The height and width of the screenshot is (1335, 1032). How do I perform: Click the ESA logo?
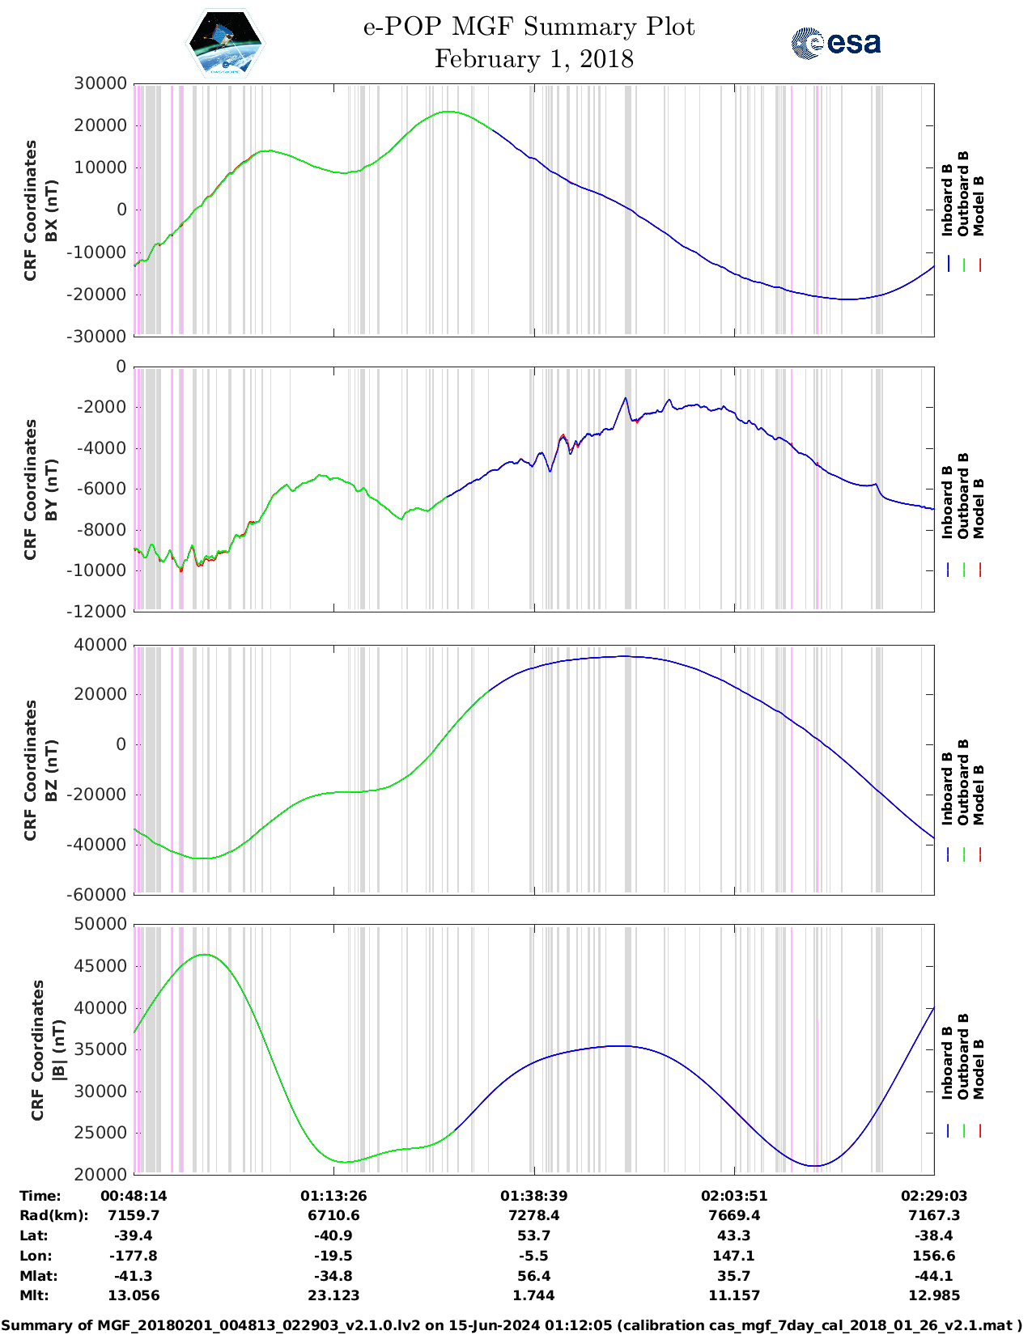pyautogui.click(x=836, y=43)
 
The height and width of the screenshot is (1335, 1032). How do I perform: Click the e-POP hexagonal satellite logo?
pyautogui.click(x=226, y=43)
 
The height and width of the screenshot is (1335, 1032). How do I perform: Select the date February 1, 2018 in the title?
pyautogui.click(x=533, y=59)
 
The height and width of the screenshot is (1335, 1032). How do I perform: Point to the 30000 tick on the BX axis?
pyautogui.click(x=100, y=83)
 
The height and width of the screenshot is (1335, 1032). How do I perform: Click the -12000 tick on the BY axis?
pyautogui.click(x=100, y=612)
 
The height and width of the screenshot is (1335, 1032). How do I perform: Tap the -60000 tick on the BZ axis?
pyautogui.click(x=100, y=894)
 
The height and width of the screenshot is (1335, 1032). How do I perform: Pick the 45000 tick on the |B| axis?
pyautogui.click(x=100, y=966)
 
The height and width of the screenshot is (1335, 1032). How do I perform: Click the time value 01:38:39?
pyautogui.click(x=533, y=1196)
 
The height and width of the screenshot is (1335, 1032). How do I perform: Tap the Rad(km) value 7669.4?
pyautogui.click(x=733, y=1215)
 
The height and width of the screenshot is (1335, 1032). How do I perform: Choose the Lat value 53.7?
pyautogui.click(x=533, y=1235)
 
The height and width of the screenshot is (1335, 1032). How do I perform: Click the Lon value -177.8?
pyautogui.click(x=134, y=1256)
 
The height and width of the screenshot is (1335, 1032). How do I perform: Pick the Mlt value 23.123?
pyautogui.click(x=333, y=1295)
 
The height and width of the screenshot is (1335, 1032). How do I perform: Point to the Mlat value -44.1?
pyautogui.click(x=933, y=1276)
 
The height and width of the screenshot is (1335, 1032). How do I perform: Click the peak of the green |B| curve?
pyautogui.click(x=206, y=955)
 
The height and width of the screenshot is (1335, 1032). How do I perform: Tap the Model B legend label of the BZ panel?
pyautogui.click(x=979, y=795)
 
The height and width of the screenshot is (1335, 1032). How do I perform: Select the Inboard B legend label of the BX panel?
pyautogui.click(x=947, y=200)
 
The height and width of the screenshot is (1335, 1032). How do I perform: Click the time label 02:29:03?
pyautogui.click(x=933, y=1196)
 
